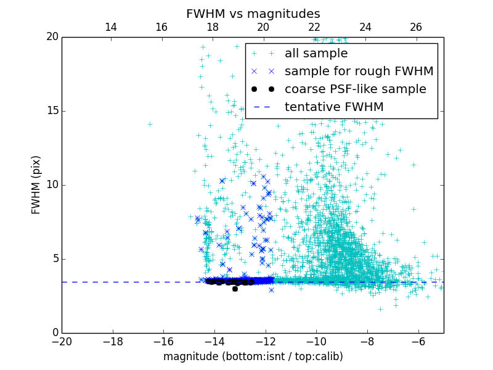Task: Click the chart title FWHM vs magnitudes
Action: point(253,14)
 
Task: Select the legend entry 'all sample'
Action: point(316,54)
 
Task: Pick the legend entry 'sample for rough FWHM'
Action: point(359,72)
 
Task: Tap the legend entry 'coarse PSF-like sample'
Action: point(355,89)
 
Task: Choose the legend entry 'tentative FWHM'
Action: point(334,107)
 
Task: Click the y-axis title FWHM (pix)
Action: point(36,185)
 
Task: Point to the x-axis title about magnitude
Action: point(253,356)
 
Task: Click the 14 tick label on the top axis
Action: point(111,27)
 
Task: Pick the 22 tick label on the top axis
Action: point(314,27)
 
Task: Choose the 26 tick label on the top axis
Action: point(416,27)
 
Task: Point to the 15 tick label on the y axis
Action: point(51,111)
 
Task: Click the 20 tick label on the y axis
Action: point(51,37)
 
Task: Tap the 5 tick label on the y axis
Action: point(54,259)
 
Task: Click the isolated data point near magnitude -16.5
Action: point(150,124)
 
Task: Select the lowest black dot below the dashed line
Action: point(235,289)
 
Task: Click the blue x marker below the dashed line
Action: point(271,290)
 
